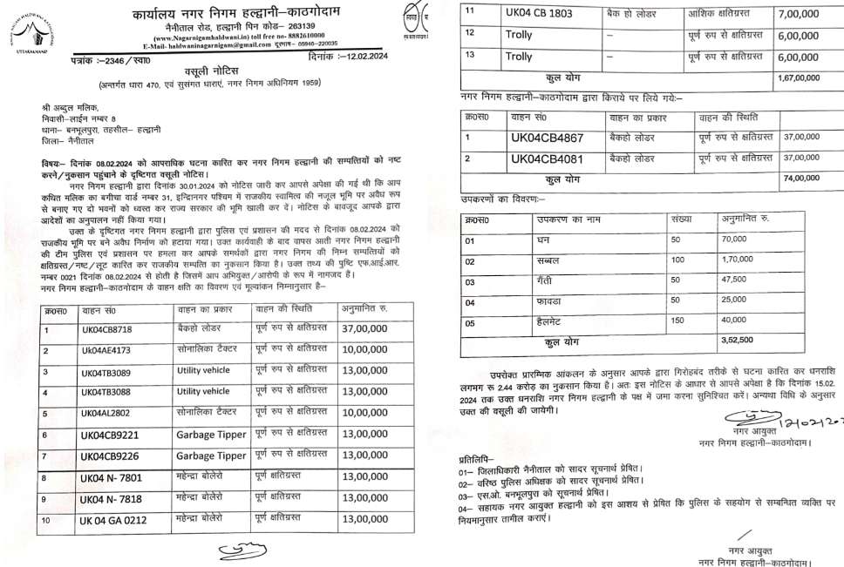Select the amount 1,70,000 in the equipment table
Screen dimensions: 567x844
[x=740, y=260]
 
